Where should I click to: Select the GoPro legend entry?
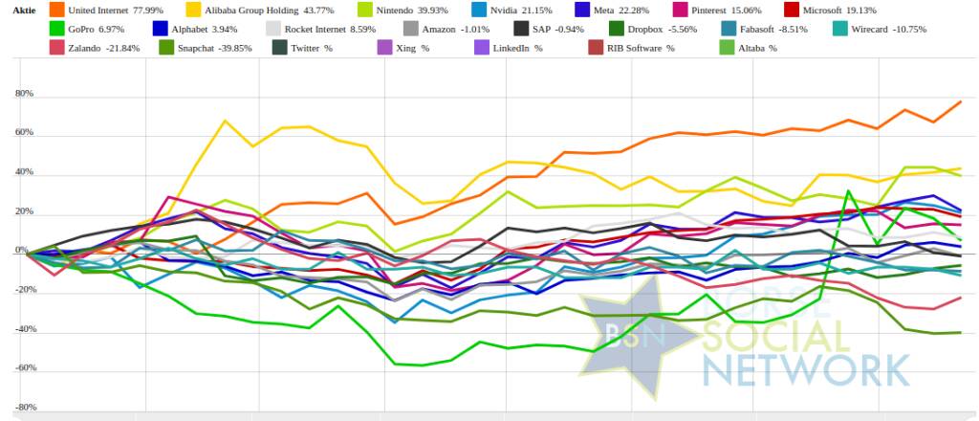pos(95,29)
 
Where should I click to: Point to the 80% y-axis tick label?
pos(24,95)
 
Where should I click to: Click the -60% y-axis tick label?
pos(23,368)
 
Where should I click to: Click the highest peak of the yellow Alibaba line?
pos(224,121)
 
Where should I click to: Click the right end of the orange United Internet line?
pos(960,101)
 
